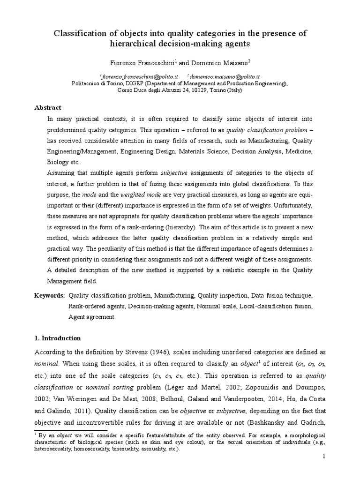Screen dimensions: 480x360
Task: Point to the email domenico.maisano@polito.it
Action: pos(225,76)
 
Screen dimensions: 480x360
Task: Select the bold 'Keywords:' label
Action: pos(50,296)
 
